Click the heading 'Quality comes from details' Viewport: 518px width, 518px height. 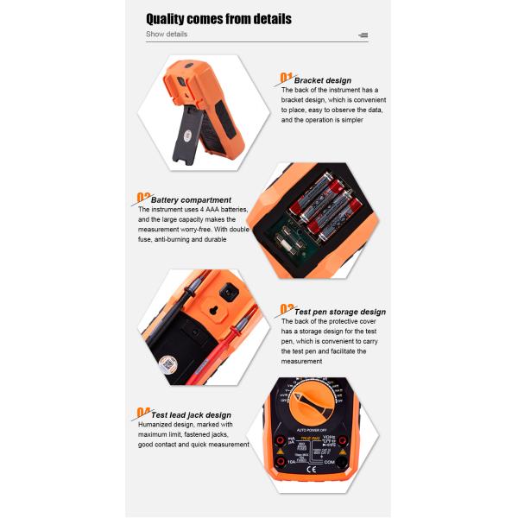[x=218, y=19]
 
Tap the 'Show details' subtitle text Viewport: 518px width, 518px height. [x=166, y=35]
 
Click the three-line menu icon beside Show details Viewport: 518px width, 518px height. [x=363, y=35]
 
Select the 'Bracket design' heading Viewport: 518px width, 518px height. [x=322, y=80]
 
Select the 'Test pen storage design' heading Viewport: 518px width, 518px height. [x=340, y=312]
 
